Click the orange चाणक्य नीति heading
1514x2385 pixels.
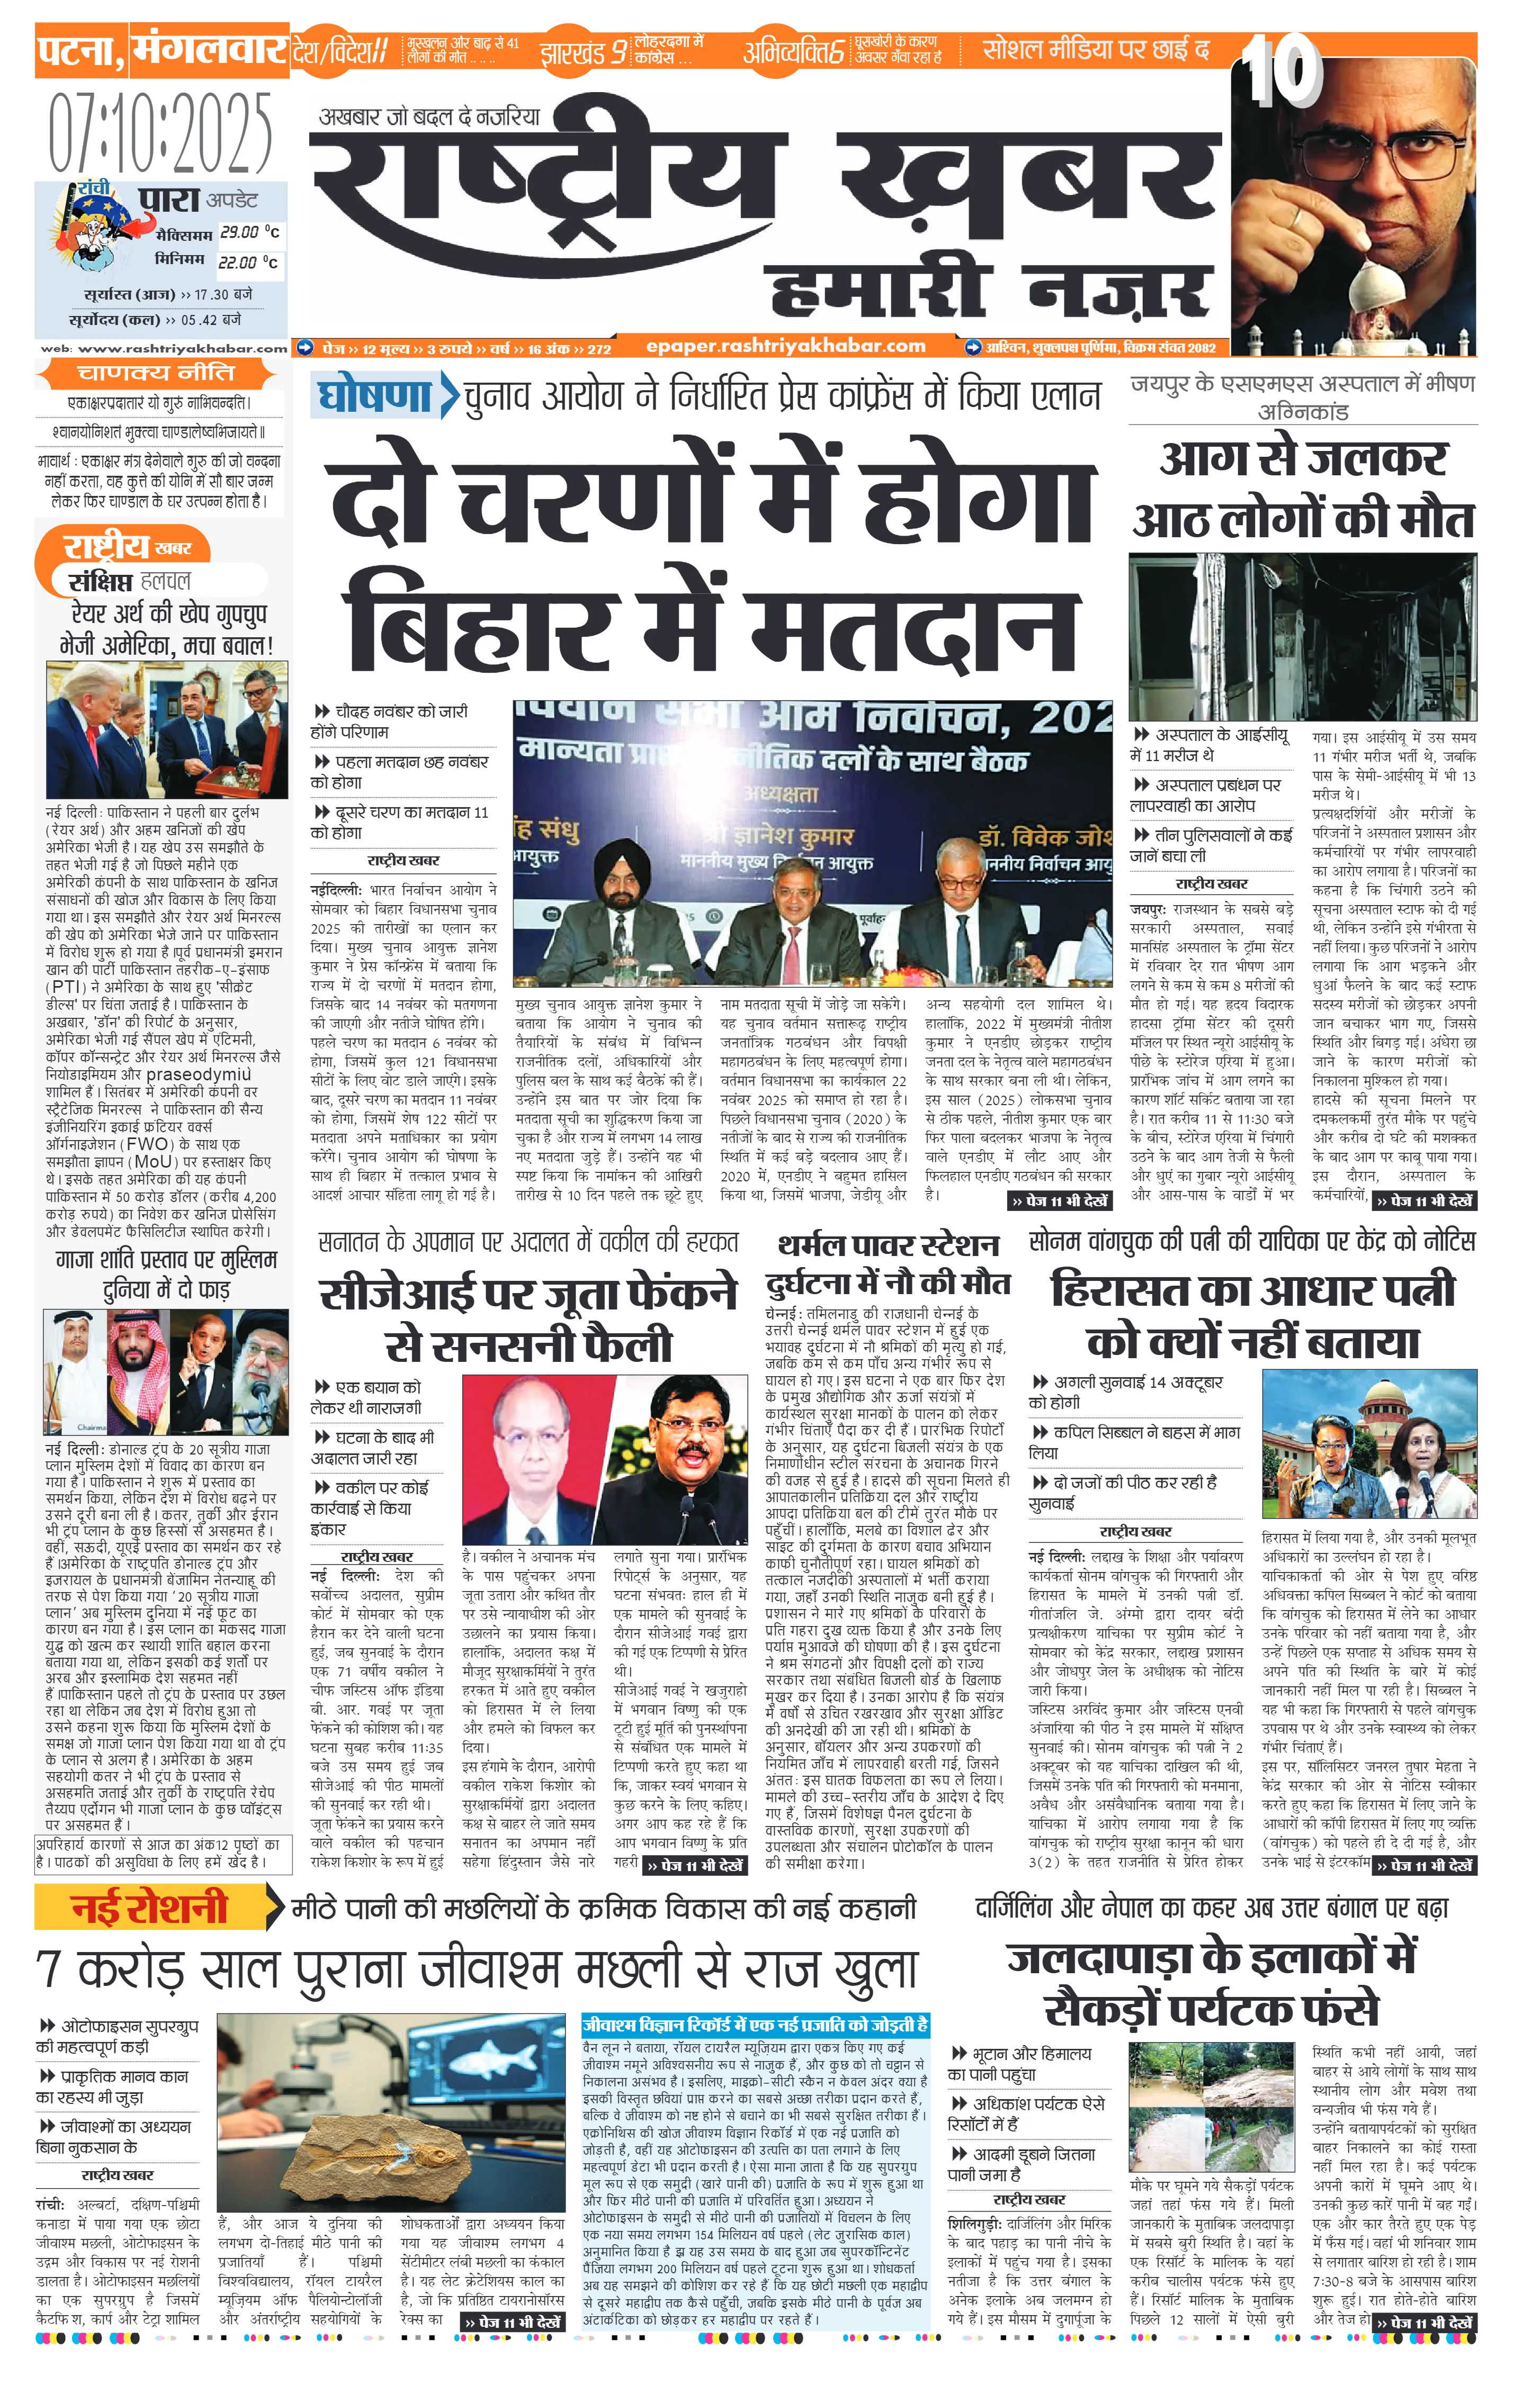coord(157,373)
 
